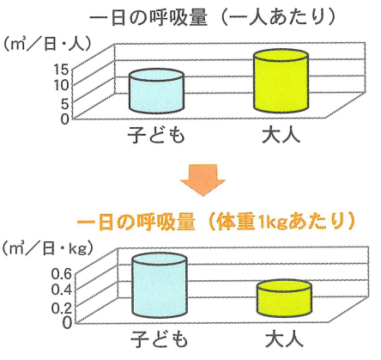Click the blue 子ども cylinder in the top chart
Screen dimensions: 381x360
click(156, 91)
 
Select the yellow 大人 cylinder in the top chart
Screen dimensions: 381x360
click(281, 81)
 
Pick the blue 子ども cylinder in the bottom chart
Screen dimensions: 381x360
click(160, 285)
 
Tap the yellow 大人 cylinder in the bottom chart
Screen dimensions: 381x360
click(284, 298)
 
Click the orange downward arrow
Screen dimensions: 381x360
click(203, 180)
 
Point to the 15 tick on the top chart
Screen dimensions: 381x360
click(61, 69)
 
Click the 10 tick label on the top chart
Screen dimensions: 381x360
click(62, 85)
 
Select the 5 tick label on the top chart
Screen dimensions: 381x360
click(65, 104)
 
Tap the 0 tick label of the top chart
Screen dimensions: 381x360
click(65, 119)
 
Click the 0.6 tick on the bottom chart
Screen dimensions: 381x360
click(62, 274)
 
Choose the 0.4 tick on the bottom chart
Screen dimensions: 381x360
click(62, 290)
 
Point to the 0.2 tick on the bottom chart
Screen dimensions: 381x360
click(62, 308)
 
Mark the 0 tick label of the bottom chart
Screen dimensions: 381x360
click(67, 323)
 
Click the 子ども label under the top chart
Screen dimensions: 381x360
click(156, 135)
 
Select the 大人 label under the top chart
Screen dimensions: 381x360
click(281, 135)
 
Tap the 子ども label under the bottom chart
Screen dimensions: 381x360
click(160, 340)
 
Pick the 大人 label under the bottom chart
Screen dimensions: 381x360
click(284, 339)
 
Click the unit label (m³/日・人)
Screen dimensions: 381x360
click(46, 45)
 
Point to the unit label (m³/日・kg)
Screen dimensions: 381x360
click(47, 248)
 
